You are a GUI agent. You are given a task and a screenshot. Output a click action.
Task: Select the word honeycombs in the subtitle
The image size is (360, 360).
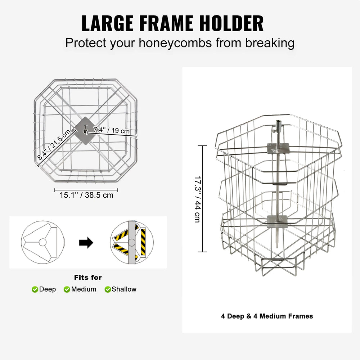pyautogui.click(x=175, y=43)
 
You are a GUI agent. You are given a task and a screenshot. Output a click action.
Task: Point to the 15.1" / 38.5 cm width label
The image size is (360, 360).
pyautogui.click(x=86, y=195)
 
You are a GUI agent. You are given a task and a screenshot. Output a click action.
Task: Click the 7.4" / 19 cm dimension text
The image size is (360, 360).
pyautogui.click(x=111, y=130)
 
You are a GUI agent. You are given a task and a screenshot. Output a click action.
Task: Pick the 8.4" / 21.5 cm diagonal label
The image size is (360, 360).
pyautogui.click(x=54, y=145)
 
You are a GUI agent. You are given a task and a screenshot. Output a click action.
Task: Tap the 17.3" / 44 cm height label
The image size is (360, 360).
pyautogui.click(x=198, y=199)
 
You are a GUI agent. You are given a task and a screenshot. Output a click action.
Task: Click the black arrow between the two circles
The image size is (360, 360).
pyautogui.click(x=86, y=243)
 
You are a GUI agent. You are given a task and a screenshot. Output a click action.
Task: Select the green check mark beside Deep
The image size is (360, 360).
pyautogui.click(x=35, y=289)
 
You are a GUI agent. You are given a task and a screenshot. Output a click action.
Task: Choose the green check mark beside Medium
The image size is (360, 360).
pyautogui.click(x=67, y=289)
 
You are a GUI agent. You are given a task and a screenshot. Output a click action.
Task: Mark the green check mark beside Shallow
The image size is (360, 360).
pyautogui.click(x=108, y=289)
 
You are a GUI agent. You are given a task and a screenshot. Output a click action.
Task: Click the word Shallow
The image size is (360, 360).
pyautogui.click(x=124, y=289)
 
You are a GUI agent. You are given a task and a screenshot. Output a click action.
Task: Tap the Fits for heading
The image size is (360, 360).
pyautogui.click(x=88, y=277)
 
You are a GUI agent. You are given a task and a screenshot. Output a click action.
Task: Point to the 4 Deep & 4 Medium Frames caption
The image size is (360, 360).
pyautogui.click(x=267, y=316)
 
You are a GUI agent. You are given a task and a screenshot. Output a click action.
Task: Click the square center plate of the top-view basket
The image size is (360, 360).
pyautogui.click(x=85, y=131)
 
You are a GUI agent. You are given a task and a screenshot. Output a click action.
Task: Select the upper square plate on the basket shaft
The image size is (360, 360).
pyautogui.click(x=278, y=148)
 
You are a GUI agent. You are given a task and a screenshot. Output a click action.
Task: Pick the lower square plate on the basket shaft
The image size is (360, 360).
pyautogui.click(x=277, y=221)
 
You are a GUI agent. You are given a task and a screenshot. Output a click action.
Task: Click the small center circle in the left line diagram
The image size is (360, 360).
pyautogui.click(x=43, y=242)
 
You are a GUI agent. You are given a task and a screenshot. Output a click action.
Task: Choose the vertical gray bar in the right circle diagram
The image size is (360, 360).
pyautogui.click(x=132, y=242)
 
